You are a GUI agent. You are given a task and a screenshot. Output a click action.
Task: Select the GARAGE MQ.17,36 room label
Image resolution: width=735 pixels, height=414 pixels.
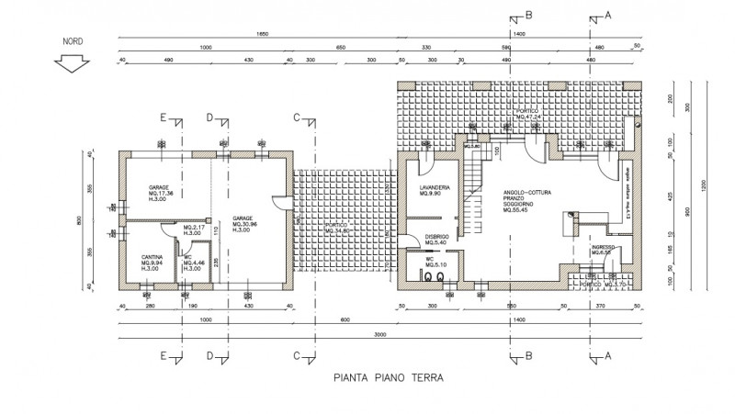click(x=159, y=192)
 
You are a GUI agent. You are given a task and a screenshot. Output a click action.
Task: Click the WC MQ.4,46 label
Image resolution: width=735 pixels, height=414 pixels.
click(x=193, y=262)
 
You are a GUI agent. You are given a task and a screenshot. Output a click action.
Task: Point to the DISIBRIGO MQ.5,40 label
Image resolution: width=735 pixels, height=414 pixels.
click(x=437, y=240)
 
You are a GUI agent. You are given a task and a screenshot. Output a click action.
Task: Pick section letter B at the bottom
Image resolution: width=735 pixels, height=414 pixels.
click(x=528, y=356)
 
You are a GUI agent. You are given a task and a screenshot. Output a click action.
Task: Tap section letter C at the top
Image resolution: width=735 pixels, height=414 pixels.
click(x=297, y=117)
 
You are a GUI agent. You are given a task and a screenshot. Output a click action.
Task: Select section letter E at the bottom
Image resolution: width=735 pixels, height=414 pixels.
click(x=163, y=355)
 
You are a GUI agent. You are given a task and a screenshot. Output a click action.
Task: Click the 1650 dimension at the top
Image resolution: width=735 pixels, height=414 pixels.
click(x=261, y=34)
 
